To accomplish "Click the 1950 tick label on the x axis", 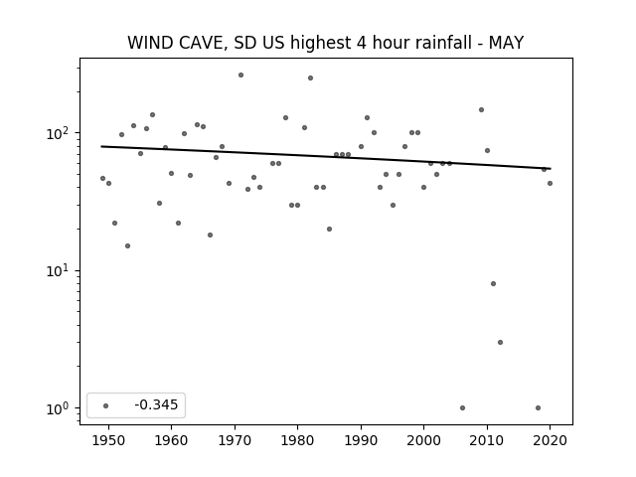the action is click(108, 440).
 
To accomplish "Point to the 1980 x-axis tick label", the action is click(297, 440).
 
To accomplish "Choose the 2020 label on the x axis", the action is click(550, 440).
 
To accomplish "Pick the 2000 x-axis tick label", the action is click(423, 440).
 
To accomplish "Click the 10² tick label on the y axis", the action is click(61, 132).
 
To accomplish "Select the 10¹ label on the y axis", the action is click(61, 270).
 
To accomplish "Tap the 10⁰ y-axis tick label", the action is click(61, 408).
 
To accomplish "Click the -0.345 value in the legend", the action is click(156, 404).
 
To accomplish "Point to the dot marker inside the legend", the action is click(106, 405).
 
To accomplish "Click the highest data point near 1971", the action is click(240, 76).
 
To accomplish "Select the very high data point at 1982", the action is click(310, 78).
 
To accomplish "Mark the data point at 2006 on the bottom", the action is click(462, 408).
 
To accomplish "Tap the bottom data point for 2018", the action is click(538, 408).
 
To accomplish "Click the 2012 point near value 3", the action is click(500, 342).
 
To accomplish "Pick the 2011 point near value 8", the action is click(493, 283).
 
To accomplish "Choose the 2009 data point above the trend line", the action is click(481, 110).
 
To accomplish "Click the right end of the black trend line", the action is click(551, 168).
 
